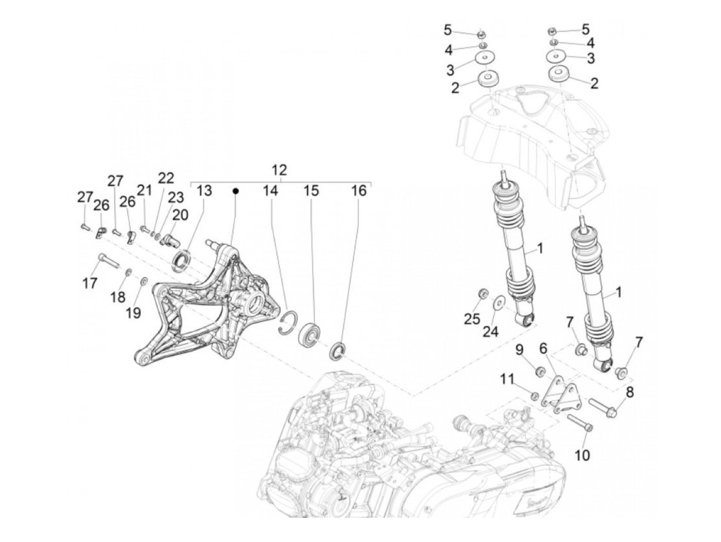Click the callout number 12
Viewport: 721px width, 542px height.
click(279, 170)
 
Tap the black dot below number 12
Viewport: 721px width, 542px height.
click(235, 191)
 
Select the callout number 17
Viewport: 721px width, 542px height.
click(90, 283)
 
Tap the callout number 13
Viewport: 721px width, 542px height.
click(204, 191)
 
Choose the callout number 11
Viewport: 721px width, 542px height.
click(507, 380)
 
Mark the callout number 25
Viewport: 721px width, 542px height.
click(471, 319)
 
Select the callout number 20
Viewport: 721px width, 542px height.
click(180, 215)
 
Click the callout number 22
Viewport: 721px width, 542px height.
click(166, 178)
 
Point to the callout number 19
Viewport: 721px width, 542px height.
click(133, 313)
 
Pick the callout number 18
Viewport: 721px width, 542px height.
click(117, 297)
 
